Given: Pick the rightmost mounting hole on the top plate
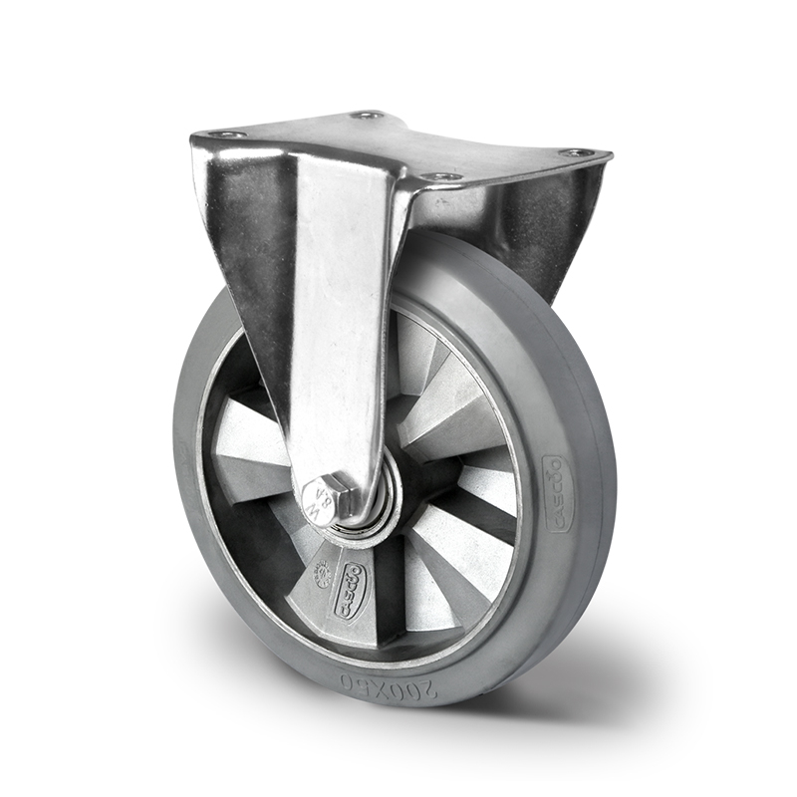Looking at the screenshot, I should tap(575, 152).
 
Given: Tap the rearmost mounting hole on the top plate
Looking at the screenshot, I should tap(369, 116).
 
